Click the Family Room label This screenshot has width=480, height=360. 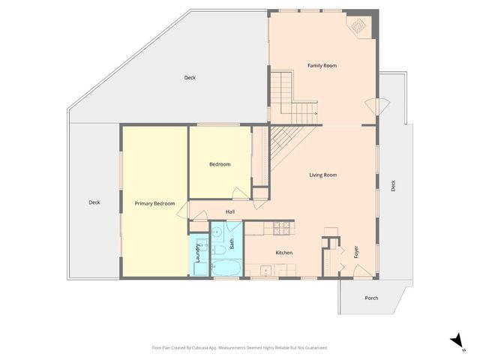(x=322, y=66)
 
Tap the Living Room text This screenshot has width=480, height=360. (x=323, y=175)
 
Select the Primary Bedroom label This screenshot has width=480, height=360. (x=154, y=203)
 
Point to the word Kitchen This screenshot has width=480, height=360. (x=283, y=253)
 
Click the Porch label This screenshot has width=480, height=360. (x=371, y=298)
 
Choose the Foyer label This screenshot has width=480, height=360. (x=356, y=252)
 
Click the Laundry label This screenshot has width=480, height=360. (x=197, y=252)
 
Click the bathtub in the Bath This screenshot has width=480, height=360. (x=226, y=267)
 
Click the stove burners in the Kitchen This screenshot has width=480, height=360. (x=283, y=226)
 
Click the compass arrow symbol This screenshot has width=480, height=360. (x=455, y=341)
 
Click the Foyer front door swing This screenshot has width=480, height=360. (x=363, y=270)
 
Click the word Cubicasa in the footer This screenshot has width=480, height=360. (x=204, y=348)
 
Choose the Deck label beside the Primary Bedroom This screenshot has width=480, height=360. (x=94, y=202)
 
